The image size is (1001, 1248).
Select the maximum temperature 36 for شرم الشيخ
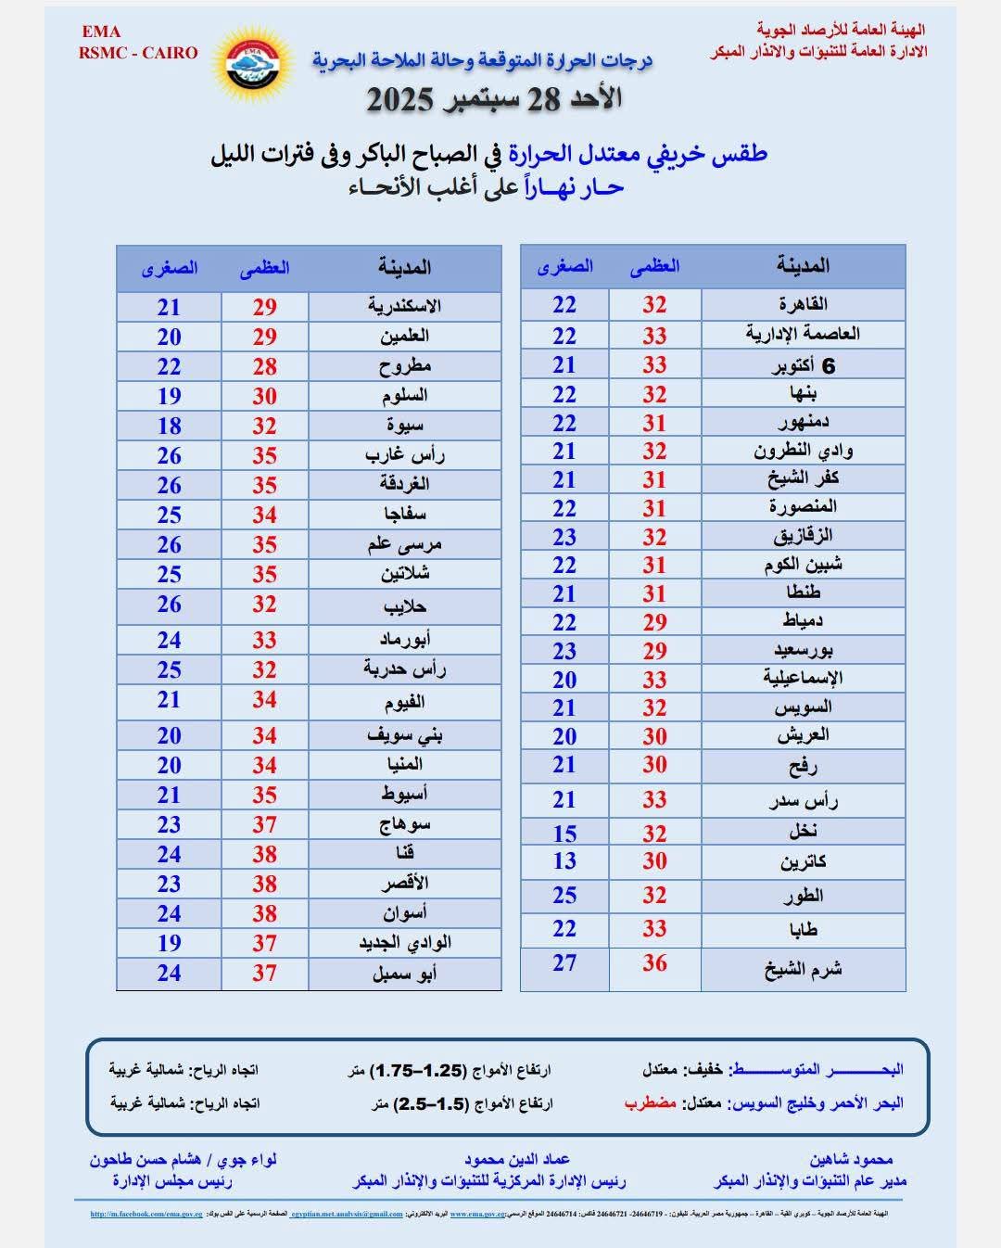tap(654, 963)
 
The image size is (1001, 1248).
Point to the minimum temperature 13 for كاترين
tap(564, 860)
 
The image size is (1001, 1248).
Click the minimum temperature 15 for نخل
tap(564, 833)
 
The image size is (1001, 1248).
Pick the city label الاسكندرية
tap(404, 306)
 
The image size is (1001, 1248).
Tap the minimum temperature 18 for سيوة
tap(169, 426)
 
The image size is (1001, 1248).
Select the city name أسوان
tap(404, 912)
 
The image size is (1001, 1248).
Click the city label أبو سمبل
tap(404, 973)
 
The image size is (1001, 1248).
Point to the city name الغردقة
tap(404, 484)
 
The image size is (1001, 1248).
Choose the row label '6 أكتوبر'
tap(804, 365)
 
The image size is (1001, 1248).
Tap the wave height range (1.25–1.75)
tap(415, 1070)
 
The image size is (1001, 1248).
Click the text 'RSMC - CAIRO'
tap(138, 53)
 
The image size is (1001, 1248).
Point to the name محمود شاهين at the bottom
tap(852, 1159)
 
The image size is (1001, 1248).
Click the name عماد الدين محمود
tap(517, 1159)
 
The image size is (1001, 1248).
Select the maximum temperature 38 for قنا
tap(264, 854)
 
